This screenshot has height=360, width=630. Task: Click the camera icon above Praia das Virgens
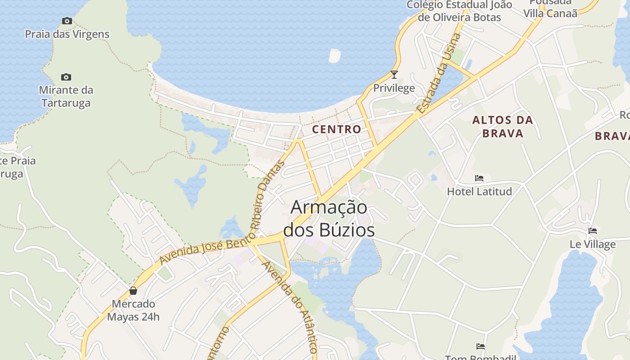coord(67,21)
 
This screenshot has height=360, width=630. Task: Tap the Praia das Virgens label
coord(67,34)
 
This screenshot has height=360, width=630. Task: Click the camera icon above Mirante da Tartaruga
coord(66,77)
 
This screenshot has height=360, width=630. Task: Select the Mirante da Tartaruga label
coord(66,96)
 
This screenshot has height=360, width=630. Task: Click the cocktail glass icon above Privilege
coord(394,75)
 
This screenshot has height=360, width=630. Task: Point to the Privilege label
coord(394,88)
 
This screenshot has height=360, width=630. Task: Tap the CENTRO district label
coord(337,129)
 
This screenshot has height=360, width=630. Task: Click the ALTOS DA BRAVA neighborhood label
coord(503,126)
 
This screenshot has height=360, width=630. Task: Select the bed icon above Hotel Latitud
coord(479,178)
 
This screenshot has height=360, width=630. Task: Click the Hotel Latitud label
coord(479,191)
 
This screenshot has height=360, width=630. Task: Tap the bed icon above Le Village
coord(593,231)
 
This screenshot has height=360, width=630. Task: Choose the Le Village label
coord(593,244)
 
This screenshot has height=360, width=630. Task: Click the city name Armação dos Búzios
coord(329,219)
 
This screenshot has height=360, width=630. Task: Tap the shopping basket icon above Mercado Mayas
coord(133,291)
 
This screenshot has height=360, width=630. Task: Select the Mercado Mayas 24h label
coord(133,310)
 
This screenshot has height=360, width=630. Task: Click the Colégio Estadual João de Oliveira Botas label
coord(459,11)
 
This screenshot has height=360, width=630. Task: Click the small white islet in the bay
coord(334,55)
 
